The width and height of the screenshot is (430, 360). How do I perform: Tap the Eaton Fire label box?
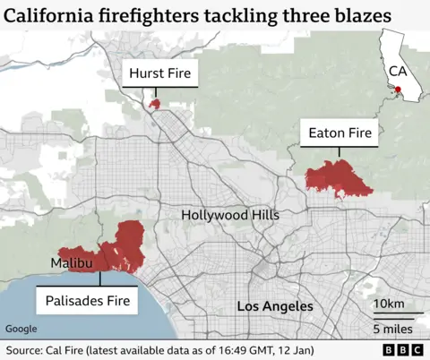(x=340, y=134)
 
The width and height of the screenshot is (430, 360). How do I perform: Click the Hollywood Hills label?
(x=230, y=215)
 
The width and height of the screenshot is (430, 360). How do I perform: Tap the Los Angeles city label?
(x=275, y=307)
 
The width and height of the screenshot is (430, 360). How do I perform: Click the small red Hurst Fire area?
(x=154, y=104)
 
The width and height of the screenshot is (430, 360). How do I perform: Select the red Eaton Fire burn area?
(x=338, y=179)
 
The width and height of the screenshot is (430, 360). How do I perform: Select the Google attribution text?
(x=22, y=329)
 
